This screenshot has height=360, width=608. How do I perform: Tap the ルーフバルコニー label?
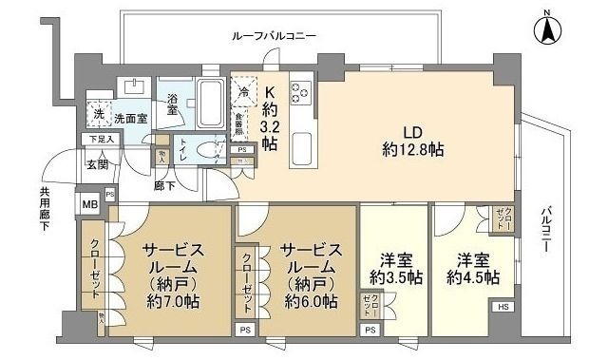[x=274, y=35]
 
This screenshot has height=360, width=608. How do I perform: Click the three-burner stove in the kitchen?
[x=302, y=94]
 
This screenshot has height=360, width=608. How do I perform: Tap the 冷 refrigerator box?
[x=244, y=92]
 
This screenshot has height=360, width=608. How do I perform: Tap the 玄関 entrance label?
[x=99, y=163]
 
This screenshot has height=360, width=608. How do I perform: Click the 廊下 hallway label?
[x=162, y=186]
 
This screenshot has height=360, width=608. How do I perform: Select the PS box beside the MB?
[x=111, y=196]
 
